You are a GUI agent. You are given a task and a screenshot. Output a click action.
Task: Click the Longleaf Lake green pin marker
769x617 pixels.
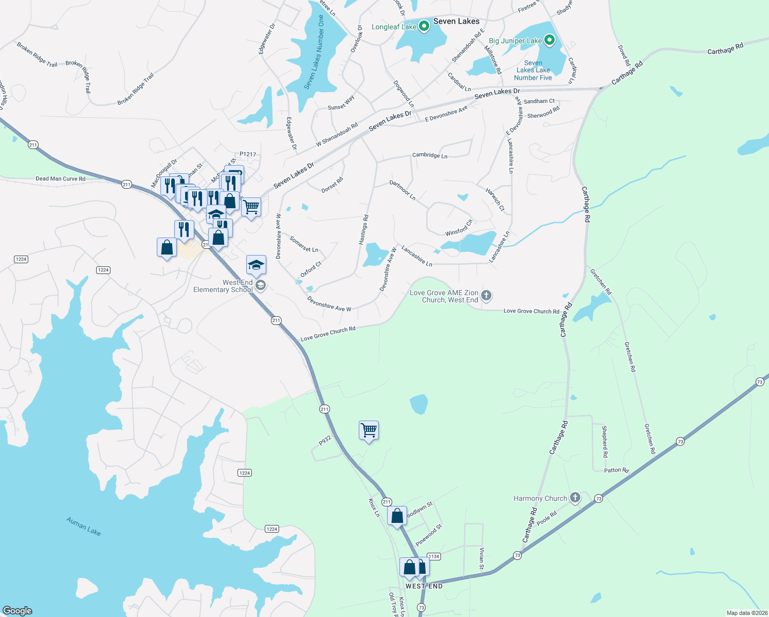pyautogui.click(x=424, y=26)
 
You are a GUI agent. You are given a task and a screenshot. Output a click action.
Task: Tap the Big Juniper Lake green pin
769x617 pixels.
pyautogui.click(x=549, y=40)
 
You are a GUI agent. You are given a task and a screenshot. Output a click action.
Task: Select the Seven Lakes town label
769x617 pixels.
pyautogui.click(x=456, y=21)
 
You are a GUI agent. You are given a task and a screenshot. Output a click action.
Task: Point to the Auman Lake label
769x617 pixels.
pyautogui.click(x=83, y=527)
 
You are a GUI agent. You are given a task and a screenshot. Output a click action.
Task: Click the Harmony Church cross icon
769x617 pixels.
pyautogui.click(x=575, y=497)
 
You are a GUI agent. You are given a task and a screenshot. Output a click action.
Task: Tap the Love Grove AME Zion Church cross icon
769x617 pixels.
pyautogui.click(x=486, y=296)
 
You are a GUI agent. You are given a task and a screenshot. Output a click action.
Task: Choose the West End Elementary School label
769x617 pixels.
pyautogui.click(x=223, y=286)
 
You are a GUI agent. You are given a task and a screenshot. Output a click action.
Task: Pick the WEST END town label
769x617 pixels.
pyautogui.click(x=424, y=586)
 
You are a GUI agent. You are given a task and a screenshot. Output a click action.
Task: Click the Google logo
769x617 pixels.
pyautogui.click(x=17, y=611)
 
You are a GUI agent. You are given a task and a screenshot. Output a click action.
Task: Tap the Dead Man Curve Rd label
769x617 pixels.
pyautogui.click(x=60, y=179)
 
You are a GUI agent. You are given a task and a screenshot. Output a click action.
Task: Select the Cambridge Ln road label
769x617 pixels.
pyautogui.click(x=430, y=155)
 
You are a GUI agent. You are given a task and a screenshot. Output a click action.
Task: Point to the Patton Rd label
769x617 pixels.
pyautogui.click(x=616, y=470)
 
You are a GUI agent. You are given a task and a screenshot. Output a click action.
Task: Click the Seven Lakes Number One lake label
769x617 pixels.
pyautogui.click(x=314, y=52)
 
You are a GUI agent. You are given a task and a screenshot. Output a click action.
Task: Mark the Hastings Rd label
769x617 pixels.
pyautogui.click(x=364, y=229)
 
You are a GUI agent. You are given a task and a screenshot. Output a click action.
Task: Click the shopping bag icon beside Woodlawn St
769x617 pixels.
pyautogui.click(x=397, y=515)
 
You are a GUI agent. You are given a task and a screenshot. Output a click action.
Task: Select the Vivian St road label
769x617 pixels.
pyautogui.click(x=482, y=559)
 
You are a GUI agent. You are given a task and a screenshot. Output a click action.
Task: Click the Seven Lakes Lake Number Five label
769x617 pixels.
pyautogui.click(x=533, y=70)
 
